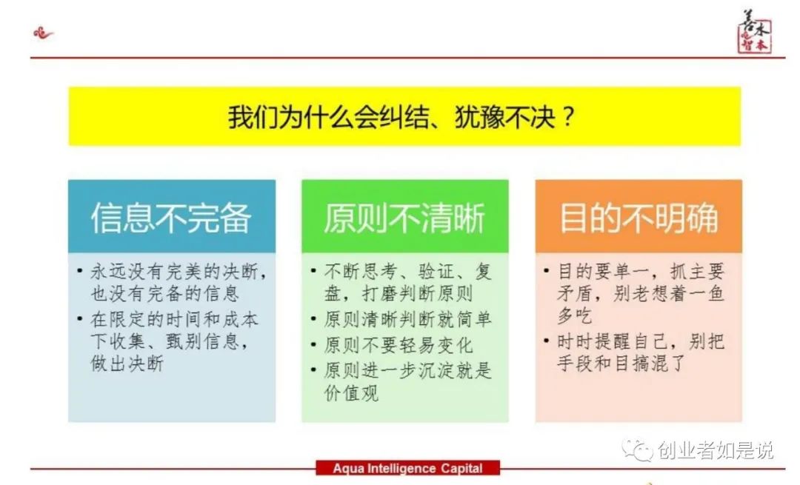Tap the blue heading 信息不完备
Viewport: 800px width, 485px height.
pyautogui.click(x=171, y=218)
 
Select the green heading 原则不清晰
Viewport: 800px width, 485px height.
pyautogui.click(x=404, y=218)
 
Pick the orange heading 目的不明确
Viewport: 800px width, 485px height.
pyautogui.click(x=638, y=218)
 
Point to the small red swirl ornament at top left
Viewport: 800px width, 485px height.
pyautogui.click(x=44, y=33)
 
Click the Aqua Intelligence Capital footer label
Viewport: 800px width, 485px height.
pyautogui.click(x=407, y=468)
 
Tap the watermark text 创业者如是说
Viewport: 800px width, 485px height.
pyautogui.click(x=716, y=449)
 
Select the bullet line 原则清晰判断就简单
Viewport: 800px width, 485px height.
pyautogui.click(x=407, y=320)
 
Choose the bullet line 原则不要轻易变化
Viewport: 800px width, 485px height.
pyautogui.click(x=399, y=345)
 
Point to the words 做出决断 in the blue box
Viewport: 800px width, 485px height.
pyautogui.click(x=127, y=364)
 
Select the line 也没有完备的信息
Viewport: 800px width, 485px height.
pyautogui.click(x=164, y=294)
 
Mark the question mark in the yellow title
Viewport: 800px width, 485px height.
pyautogui.click(x=568, y=118)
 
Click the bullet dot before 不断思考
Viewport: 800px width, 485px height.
pyautogui.click(x=314, y=271)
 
